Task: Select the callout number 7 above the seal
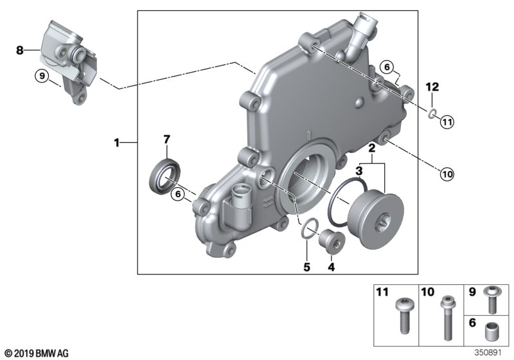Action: [166, 139]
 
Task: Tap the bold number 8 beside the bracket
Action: [19, 50]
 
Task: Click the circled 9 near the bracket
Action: [42, 77]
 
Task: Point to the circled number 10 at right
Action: [447, 172]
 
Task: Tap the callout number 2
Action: [371, 148]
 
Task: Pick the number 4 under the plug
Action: [332, 265]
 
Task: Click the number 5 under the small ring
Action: [307, 265]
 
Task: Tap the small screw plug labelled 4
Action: [333, 241]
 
